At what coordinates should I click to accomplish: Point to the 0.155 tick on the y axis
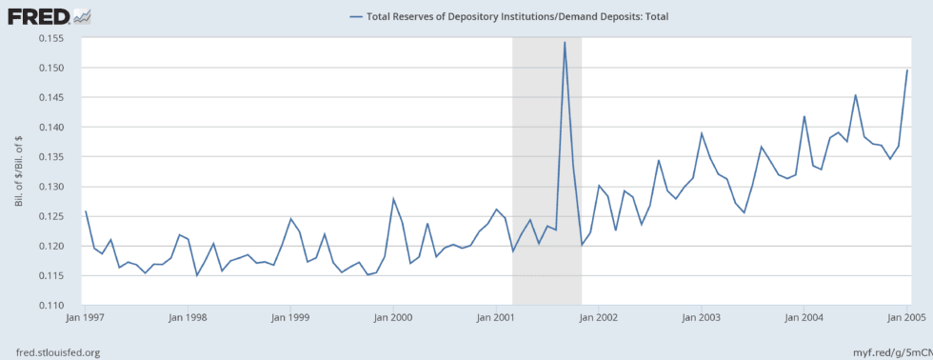point(59,38)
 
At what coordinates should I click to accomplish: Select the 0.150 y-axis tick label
point(59,68)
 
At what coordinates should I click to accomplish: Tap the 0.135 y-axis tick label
point(59,156)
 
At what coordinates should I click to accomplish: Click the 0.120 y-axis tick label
point(59,246)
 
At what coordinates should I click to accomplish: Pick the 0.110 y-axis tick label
point(59,305)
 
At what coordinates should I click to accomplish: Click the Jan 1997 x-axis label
point(86,317)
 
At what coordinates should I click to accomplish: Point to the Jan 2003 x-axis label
point(702,317)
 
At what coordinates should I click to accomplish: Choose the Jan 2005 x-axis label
point(905,317)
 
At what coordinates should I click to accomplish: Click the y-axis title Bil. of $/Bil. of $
point(18,171)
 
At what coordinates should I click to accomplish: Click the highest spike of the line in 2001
point(565,42)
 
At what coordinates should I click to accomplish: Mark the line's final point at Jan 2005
point(906,70)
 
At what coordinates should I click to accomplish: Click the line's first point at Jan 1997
point(86,211)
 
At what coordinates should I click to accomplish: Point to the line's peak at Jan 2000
point(393,198)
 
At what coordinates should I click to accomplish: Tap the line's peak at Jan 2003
point(702,133)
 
